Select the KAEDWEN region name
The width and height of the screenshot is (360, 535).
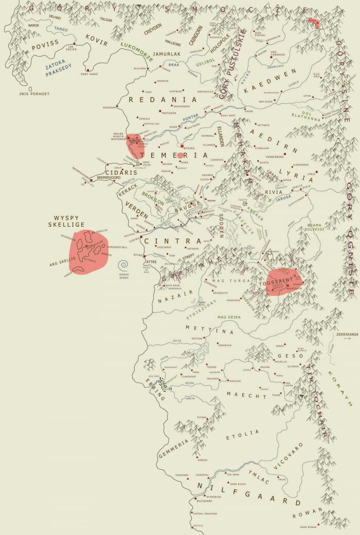point(270,80)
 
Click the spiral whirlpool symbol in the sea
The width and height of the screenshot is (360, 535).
point(122,265)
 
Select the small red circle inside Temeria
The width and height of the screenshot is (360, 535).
point(181,155)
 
